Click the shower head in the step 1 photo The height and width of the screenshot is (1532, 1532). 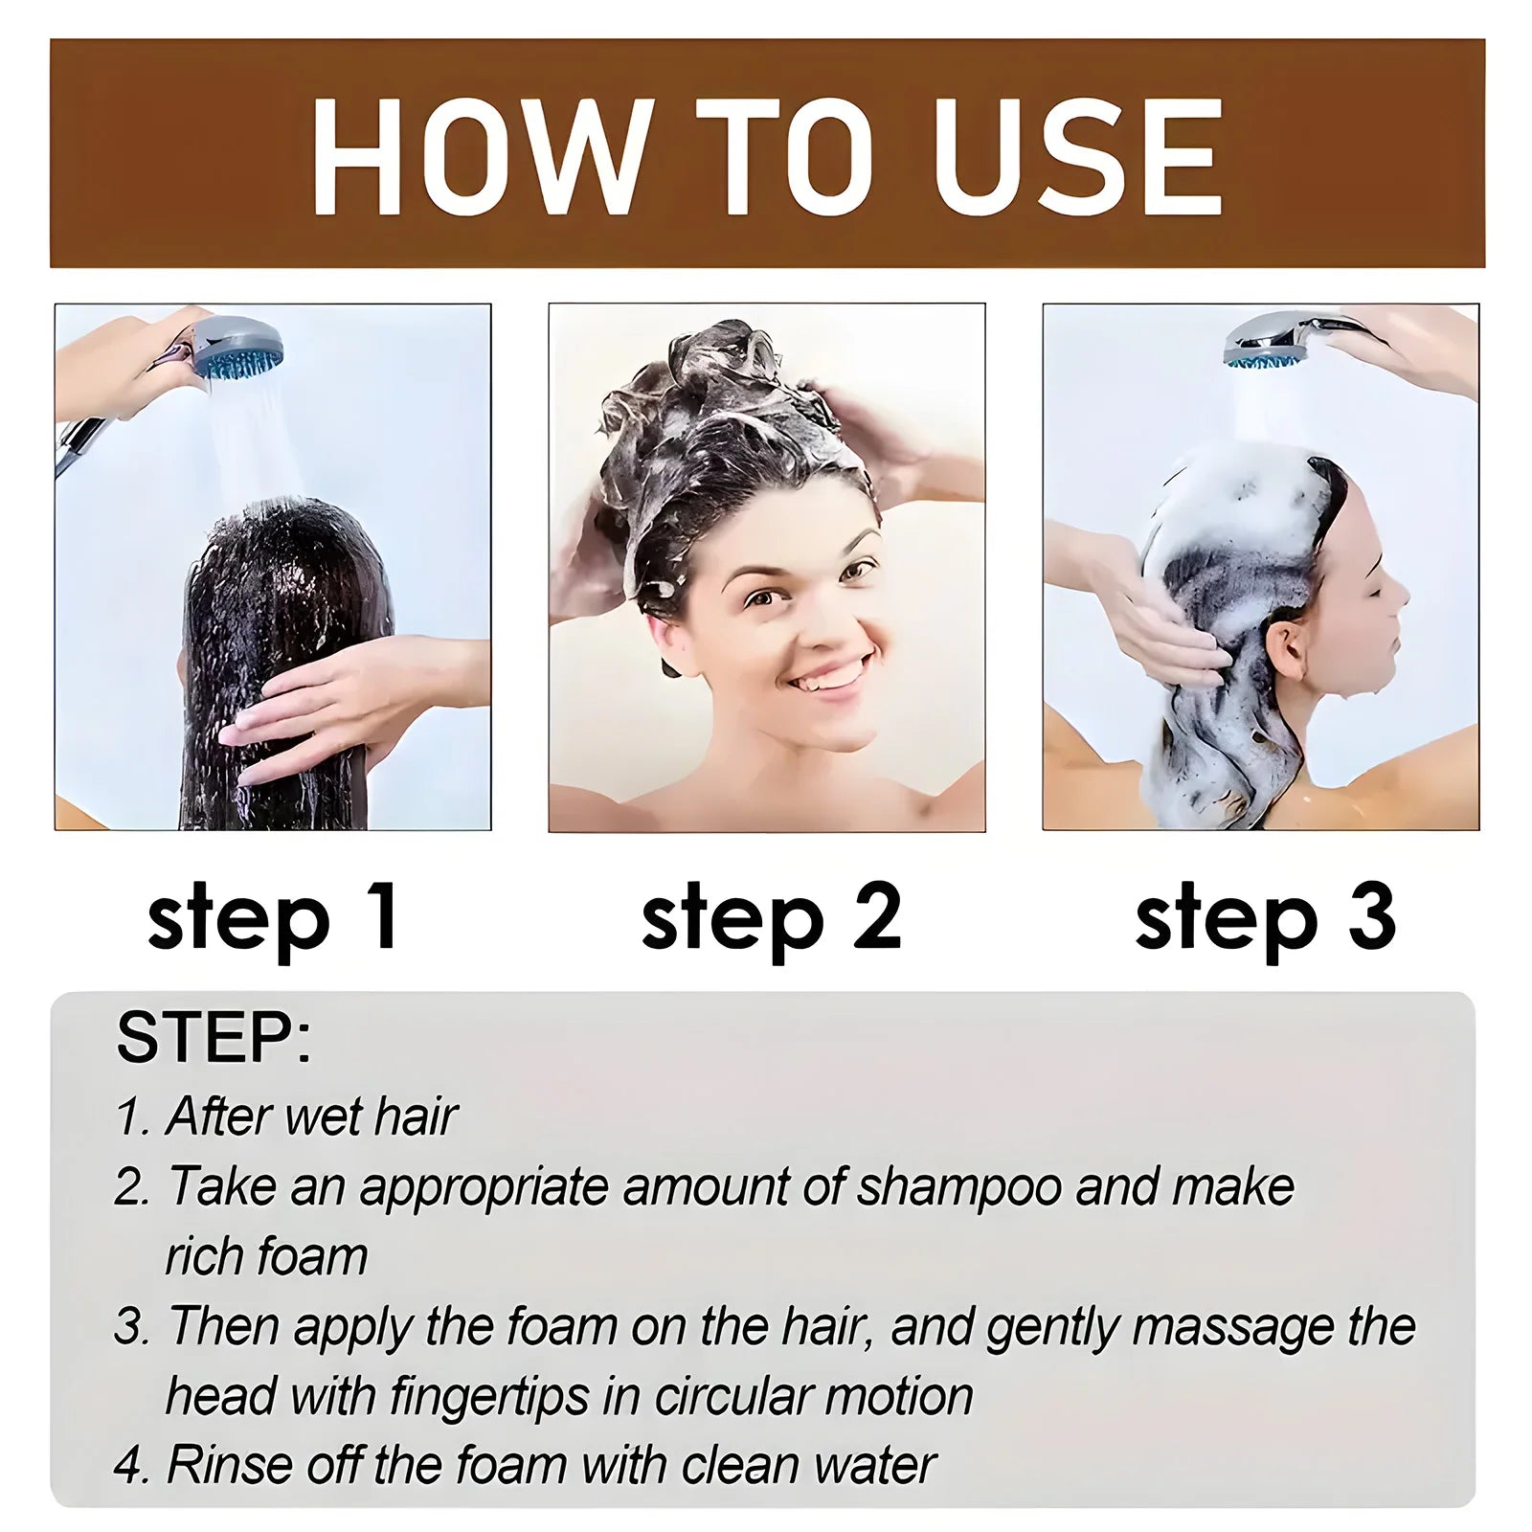pyautogui.click(x=239, y=349)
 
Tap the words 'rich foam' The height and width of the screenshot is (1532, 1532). pyautogui.click(x=266, y=1257)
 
